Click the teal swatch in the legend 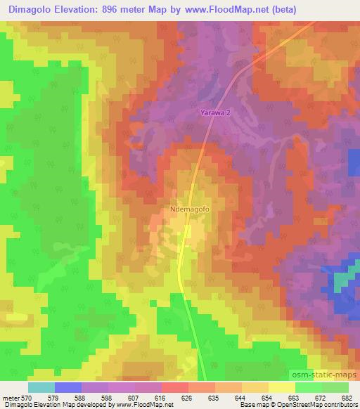point(41,387)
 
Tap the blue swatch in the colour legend point(67,387)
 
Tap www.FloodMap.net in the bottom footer point(142,405)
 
